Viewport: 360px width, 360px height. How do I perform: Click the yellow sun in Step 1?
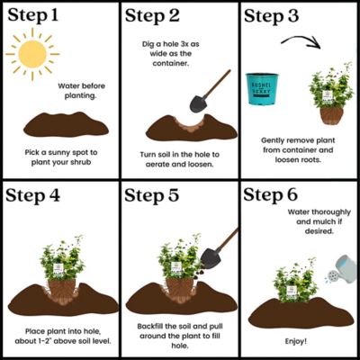click(x=32, y=55)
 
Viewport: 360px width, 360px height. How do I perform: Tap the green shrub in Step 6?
click(x=296, y=284)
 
